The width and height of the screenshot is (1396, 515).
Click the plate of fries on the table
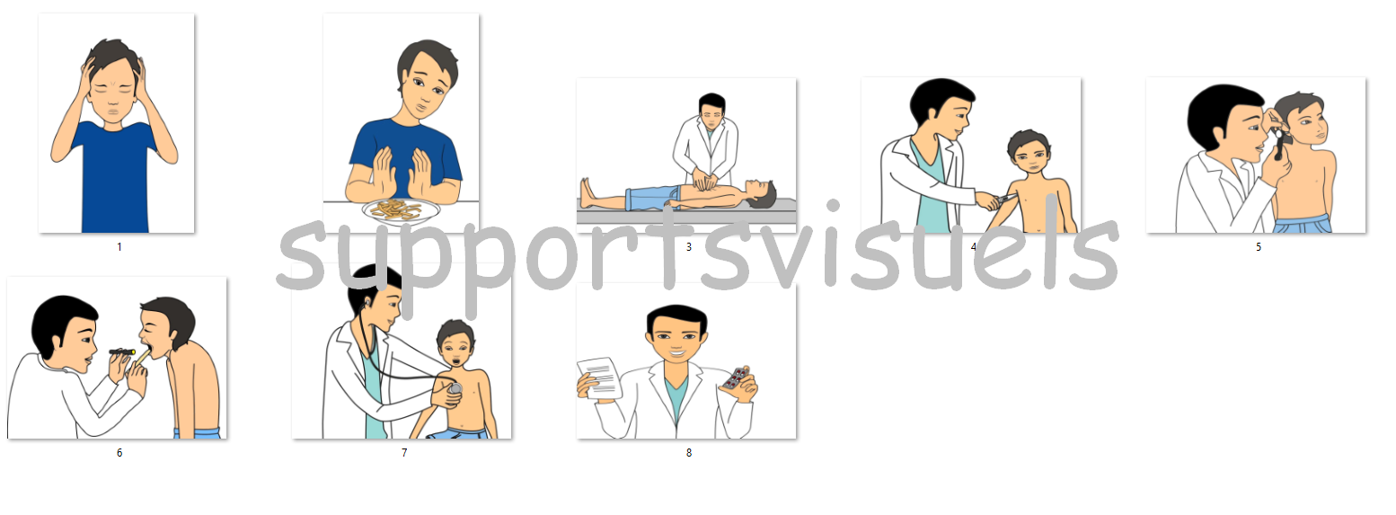tap(401, 211)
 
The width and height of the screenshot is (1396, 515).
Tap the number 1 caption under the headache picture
tap(119, 247)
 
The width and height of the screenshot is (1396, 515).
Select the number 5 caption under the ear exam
tap(1259, 247)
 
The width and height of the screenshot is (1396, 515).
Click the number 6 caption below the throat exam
tap(119, 453)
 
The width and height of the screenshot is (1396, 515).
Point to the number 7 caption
tap(404, 453)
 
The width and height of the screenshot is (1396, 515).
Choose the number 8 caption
tap(689, 453)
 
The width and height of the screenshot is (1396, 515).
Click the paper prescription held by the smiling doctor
tap(599, 377)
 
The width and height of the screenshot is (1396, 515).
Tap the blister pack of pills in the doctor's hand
tap(737, 377)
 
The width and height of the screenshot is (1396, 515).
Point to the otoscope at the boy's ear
tap(1278, 144)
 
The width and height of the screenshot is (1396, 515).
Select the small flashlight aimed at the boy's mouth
tap(122, 352)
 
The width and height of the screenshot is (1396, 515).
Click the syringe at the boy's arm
tap(1004, 200)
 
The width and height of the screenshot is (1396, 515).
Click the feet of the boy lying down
tap(586, 192)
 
